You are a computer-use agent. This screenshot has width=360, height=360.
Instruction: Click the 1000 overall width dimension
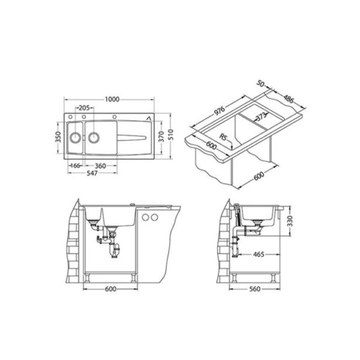[112, 99]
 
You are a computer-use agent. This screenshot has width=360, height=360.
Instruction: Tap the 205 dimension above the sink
[84, 108]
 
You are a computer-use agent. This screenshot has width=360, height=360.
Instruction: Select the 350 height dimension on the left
[59, 137]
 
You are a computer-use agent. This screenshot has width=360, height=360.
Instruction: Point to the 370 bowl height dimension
[162, 136]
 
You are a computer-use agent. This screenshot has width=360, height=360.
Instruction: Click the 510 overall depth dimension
[171, 135]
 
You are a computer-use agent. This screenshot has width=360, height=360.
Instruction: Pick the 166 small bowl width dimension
[76, 166]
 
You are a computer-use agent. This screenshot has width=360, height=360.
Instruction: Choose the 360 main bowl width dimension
[100, 166]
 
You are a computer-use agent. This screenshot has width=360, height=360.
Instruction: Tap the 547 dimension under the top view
[92, 173]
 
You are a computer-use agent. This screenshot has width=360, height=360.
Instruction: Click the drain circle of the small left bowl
[75, 138]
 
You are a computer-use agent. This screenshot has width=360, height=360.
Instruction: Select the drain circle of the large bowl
[94, 138]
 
